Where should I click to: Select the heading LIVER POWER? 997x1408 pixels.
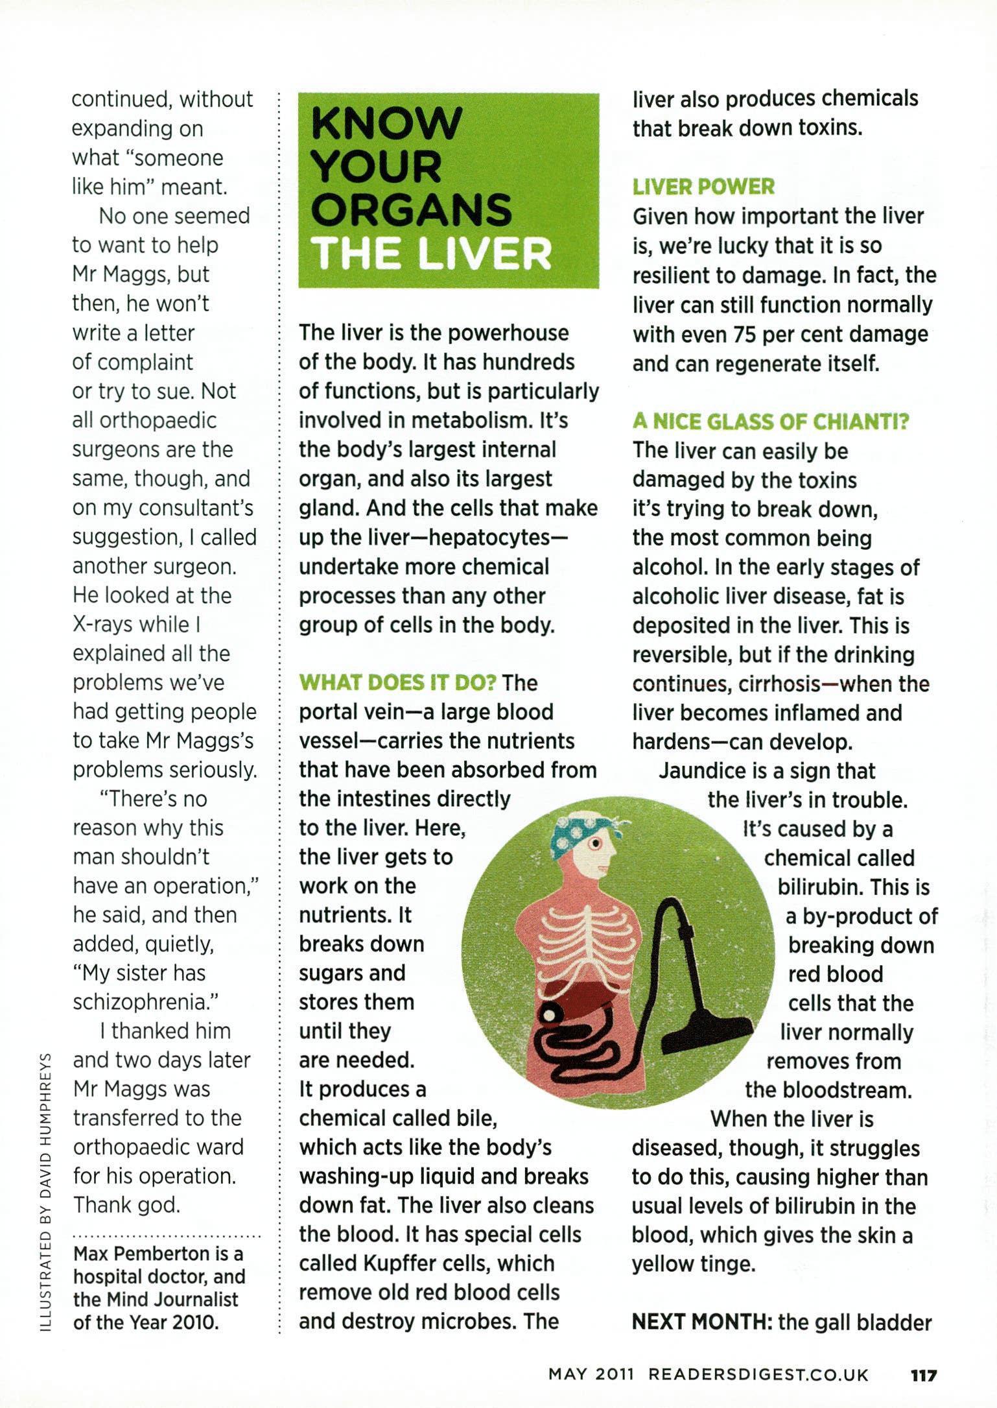tap(703, 187)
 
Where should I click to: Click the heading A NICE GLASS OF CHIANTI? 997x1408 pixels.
tap(771, 422)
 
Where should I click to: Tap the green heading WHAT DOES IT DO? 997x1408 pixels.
tap(397, 682)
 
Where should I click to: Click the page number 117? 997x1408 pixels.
tap(922, 1374)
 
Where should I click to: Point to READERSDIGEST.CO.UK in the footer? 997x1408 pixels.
tap(758, 1374)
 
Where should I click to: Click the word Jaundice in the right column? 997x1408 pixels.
tap(702, 770)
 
